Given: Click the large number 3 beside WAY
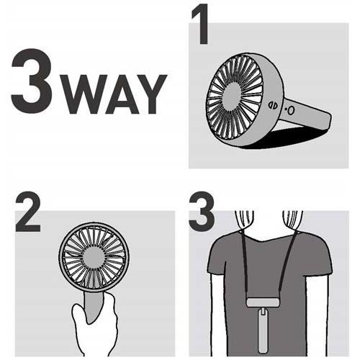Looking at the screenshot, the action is click(x=32, y=81).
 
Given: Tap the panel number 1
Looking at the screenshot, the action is click(x=201, y=24).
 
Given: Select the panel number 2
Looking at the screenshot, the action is click(x=28, y=212).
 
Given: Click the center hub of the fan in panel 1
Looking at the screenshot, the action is click(x=232, y=97).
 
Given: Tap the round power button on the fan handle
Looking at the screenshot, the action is click(x=291, y=111).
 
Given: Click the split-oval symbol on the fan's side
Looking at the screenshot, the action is click(x=273, y=105).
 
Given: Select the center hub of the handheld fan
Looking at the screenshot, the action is click(x=94, y=257).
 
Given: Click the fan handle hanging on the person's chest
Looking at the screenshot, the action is click(x=263, y=330).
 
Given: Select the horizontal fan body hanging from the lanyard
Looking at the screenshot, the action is click(x=263, y=302).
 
